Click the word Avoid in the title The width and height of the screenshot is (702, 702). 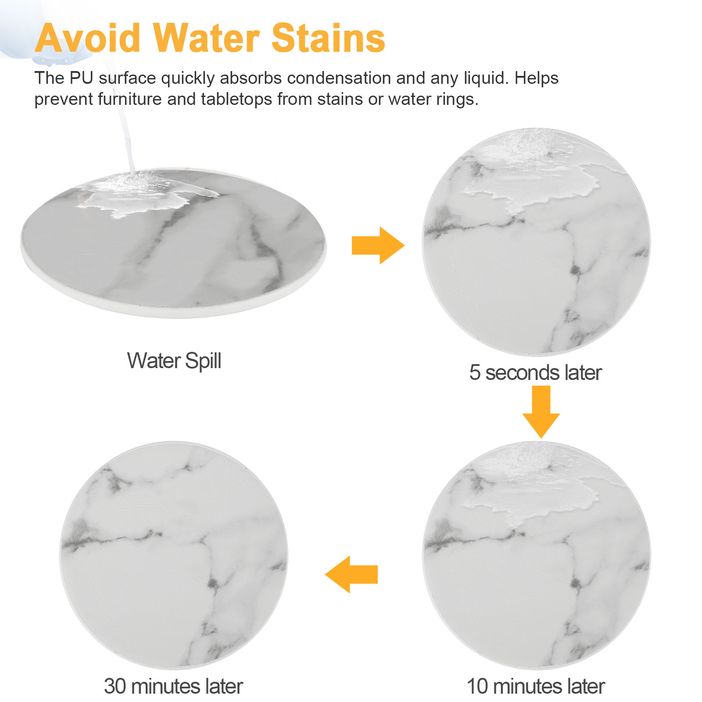[88, 38]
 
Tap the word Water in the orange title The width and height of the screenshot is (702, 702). [206, 38]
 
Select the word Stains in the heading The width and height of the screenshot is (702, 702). [328, 38]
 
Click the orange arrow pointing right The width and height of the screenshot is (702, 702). [378, 245]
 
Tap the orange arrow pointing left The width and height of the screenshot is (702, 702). [351, 574]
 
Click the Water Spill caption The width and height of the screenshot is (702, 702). [174, 361]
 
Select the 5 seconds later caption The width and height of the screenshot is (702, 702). [535, 372]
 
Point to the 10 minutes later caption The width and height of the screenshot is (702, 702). [536, 686]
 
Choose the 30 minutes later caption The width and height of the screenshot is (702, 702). [173, 686]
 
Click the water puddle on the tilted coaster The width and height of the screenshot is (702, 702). [140, 193]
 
